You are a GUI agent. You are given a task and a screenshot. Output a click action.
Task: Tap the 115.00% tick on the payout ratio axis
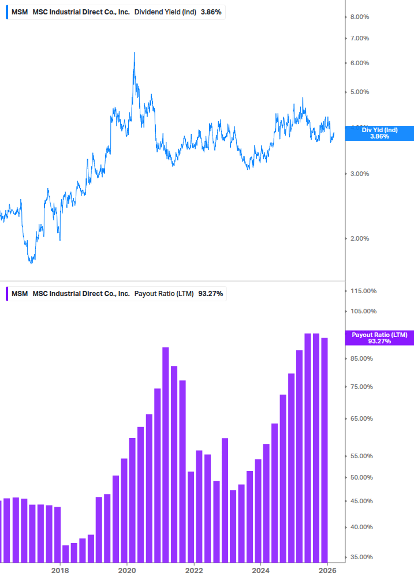(x=363, y=291)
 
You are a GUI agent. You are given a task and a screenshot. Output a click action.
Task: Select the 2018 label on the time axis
(x=60, y=570)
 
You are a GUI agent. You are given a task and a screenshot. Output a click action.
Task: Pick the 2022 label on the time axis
(x=195, y=570)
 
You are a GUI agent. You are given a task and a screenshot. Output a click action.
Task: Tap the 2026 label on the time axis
(x=327, y=570)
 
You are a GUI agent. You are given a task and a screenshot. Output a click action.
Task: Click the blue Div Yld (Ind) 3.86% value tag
(x=379, y=133)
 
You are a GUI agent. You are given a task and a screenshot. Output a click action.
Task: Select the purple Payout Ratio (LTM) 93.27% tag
(x=379, y=338)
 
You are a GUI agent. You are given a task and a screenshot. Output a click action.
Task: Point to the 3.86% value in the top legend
(x=211, y=12)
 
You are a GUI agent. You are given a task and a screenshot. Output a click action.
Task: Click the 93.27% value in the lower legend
(x=211, y=294)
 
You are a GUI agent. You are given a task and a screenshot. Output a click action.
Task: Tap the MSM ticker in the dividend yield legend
(x=20, y=12)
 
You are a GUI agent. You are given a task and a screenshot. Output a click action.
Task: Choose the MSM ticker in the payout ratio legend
(x=20, y=294)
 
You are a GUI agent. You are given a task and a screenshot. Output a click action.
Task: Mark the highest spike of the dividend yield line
(x=134, y=53)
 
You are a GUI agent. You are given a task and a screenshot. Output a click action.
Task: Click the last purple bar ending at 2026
(x=325, y=450)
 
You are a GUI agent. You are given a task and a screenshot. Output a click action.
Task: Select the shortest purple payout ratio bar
(x=65, y=553)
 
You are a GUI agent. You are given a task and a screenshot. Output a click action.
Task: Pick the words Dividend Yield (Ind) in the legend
(x=165, y=12)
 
